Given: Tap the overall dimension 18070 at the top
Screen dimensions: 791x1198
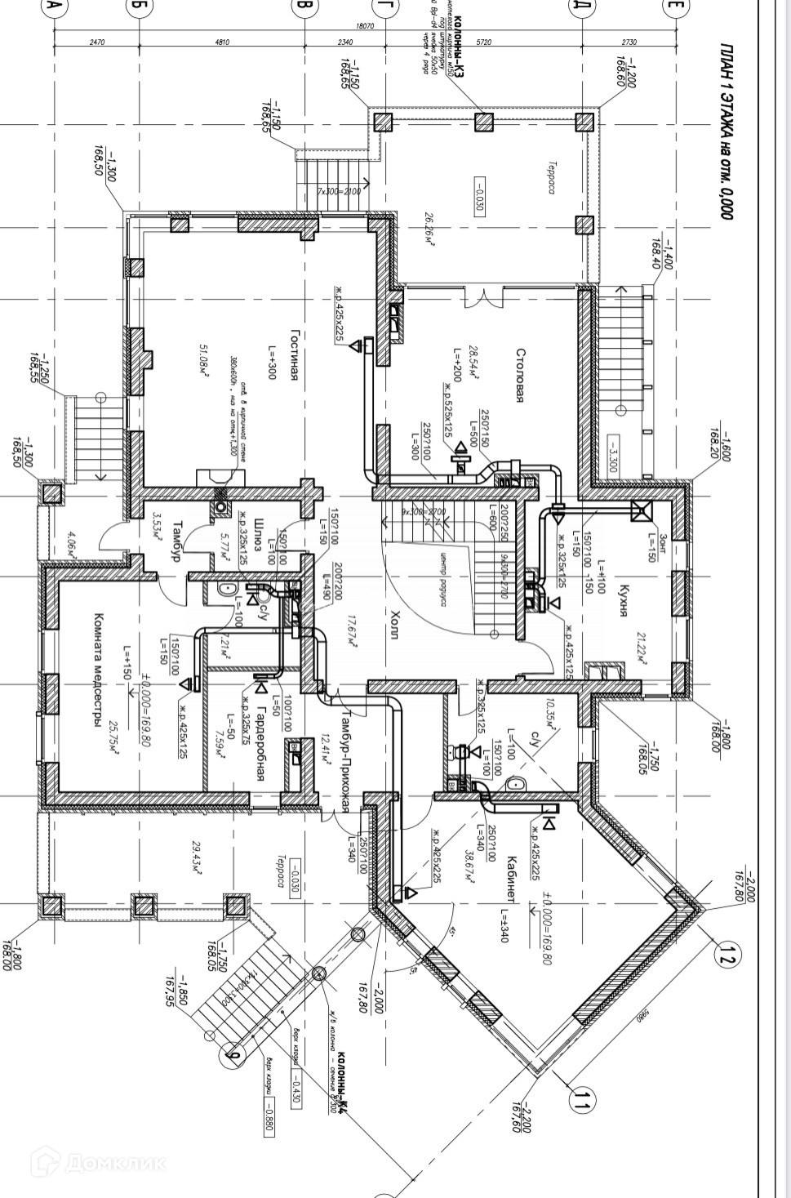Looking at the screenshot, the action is [x=365, y=26].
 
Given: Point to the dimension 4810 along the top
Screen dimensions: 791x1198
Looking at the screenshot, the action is [x=221, y=42].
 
